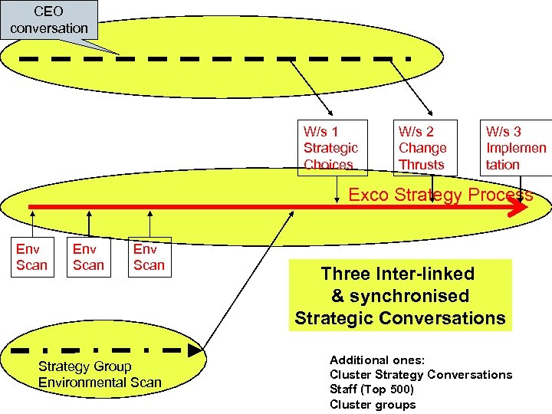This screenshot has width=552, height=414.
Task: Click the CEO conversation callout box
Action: pos(49,20)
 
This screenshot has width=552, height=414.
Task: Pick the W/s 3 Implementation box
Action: pos(517,147)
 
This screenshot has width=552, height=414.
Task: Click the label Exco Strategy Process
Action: pos(440,195)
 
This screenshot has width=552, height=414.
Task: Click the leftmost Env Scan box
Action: pos(31,257)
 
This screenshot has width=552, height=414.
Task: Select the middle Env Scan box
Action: pos(88,257)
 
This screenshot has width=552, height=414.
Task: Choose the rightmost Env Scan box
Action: pos(149,257)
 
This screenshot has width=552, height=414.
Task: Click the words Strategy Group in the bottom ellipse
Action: pos(84,366)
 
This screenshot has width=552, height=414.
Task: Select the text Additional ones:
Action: pos(376,360)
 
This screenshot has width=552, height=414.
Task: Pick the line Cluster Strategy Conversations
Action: pos(421,374)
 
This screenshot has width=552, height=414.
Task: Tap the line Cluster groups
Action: pos(373,405)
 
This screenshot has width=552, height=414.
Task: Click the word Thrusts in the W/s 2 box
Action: pos(422,164)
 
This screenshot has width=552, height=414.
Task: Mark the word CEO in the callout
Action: pos(48,12)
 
